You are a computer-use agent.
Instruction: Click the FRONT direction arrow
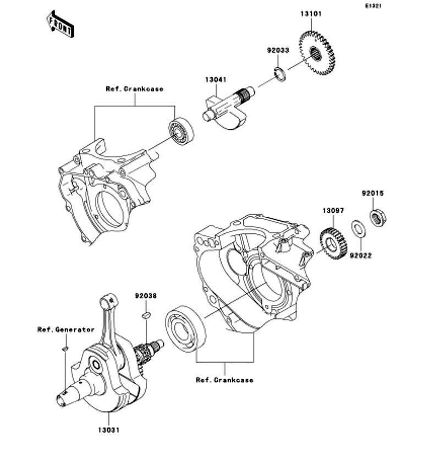[x=60, y=24]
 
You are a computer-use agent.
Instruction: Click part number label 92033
[x=278, y=50]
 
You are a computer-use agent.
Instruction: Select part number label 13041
[x=216, y=80]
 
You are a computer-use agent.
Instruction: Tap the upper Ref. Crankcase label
[x=135, y=89]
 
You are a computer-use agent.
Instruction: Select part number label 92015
[x=372, y=194]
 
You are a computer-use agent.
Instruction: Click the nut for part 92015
[x=377, y=218]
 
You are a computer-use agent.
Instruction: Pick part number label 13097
[x=333, y=210]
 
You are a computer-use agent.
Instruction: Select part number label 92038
[x=146, y=296]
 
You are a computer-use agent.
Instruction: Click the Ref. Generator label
[x=66, y=330]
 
